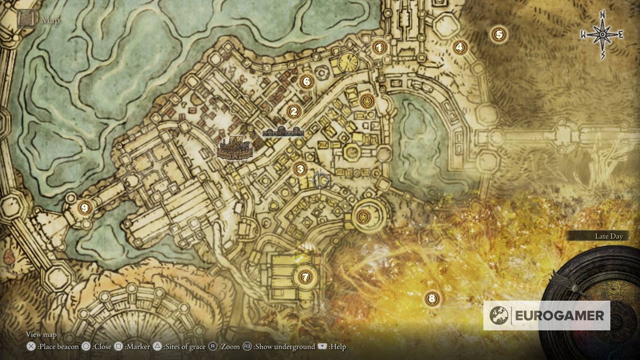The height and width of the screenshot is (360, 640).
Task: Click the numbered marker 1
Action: [379, 47]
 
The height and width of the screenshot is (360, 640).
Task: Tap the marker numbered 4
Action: [460, 47]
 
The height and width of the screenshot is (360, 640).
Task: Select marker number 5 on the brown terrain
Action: [499, 35]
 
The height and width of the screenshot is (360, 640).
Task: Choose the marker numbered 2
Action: [293, 111]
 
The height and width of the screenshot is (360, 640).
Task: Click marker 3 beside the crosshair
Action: [300, 169]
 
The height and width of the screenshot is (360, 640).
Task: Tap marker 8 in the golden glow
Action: [432, 299]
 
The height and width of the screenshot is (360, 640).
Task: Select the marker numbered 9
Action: [84, 207]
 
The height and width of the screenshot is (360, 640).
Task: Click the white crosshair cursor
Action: [321, 180]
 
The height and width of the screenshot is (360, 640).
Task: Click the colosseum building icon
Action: [235, 148]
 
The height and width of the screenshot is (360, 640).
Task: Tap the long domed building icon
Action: [283, 132]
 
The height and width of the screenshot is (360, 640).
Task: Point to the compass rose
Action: [602, 35]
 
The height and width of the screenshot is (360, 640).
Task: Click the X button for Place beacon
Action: [31, 347]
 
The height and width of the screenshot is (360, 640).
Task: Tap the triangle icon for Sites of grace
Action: [157, 347]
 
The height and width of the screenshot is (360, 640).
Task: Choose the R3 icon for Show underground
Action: [247, 347]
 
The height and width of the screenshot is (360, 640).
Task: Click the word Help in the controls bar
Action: [338, 347]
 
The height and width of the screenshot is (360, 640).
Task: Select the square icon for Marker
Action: [119, 347]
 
